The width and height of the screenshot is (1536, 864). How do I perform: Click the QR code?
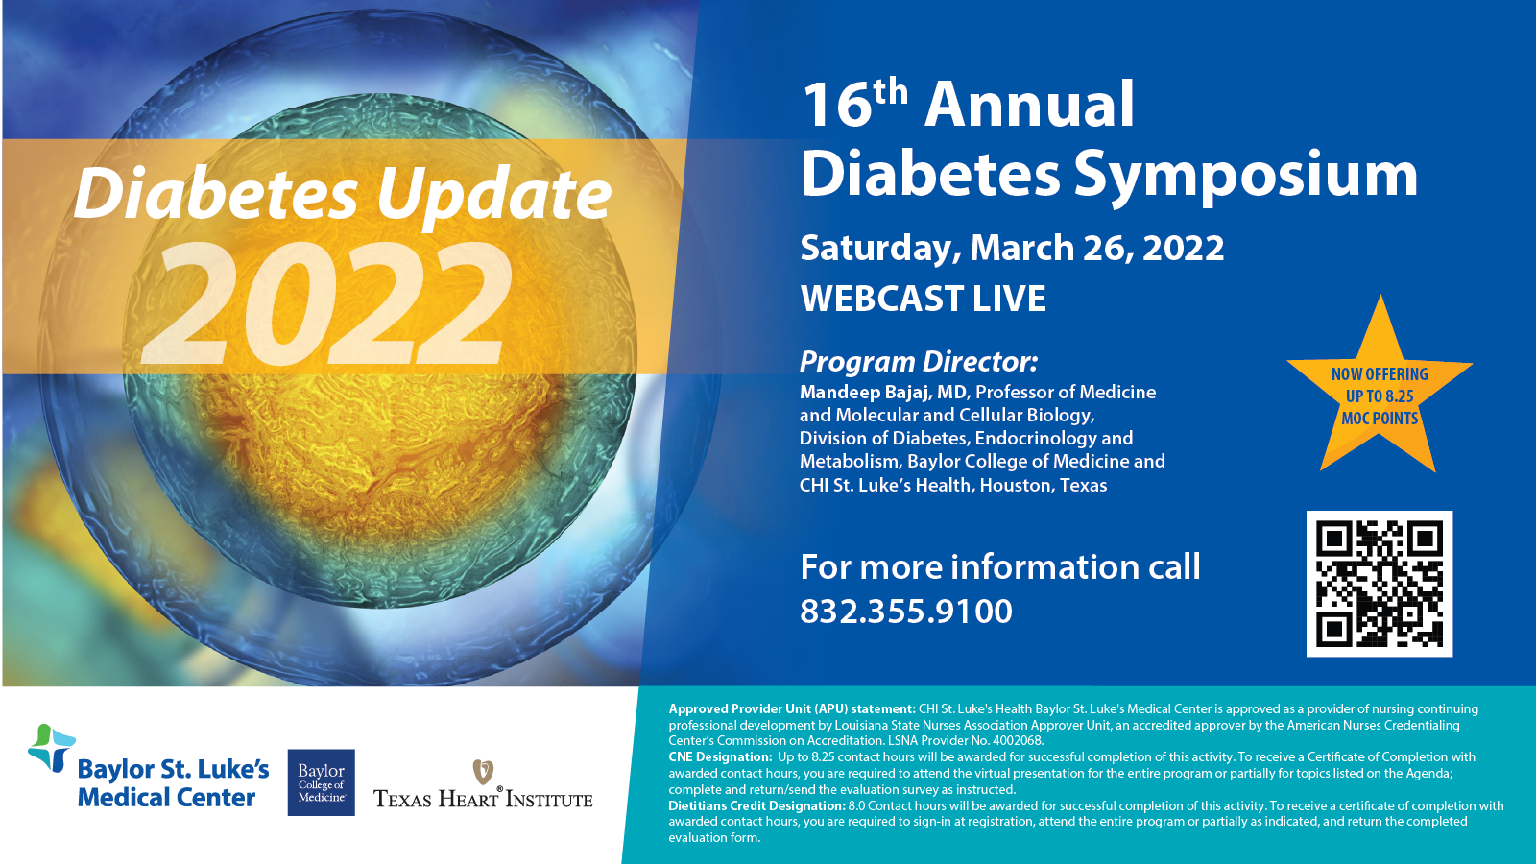coord(1379,584)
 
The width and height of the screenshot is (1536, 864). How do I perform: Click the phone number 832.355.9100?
coord(906,611)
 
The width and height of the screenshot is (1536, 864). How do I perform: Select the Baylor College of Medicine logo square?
coord(321,782)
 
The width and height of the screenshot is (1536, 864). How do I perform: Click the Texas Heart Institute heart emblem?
coord(483,772)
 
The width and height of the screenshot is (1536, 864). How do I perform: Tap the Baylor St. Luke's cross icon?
coord(52,748)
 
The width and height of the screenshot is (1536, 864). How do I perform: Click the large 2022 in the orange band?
coord(326,303)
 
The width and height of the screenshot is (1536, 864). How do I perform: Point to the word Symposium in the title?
coord(1245,177)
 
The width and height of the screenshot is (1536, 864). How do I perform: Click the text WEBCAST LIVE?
coord(923,299)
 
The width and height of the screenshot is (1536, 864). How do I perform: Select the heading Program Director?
coord(919,361)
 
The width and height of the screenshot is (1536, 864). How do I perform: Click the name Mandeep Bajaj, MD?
coord(883,393)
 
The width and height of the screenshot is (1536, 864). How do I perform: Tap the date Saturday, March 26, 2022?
coord(1012,248)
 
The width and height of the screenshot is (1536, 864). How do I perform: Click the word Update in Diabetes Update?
coord(493,196)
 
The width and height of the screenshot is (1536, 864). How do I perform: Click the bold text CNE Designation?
coord(721,757)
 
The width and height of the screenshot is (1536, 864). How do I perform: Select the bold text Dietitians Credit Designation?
coord(757,805)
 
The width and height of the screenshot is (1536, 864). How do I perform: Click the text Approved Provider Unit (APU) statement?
coord(792,709)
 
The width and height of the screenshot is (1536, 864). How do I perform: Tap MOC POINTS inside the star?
coord(1380,418)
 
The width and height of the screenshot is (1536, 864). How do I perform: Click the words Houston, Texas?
coord(1043,485)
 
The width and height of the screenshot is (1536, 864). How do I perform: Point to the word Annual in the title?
coord(1029,104)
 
